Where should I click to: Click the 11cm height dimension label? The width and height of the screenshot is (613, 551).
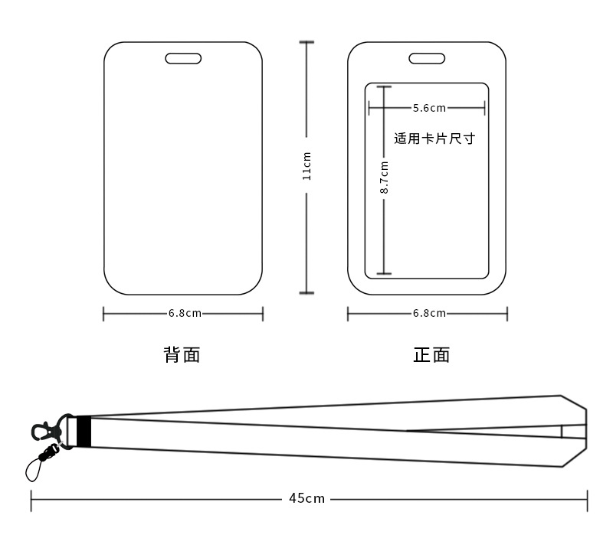click(306, 167)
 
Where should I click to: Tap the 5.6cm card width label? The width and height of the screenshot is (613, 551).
click(429, 108)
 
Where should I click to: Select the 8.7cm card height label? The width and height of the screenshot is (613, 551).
click(385, 177)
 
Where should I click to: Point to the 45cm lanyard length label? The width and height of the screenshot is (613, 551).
click(307, 499)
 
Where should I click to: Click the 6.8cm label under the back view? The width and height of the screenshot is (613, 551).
click(185, 313)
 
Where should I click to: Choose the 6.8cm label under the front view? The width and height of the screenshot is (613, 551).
click(429, 313)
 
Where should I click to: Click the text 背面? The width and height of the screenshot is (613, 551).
click(182, 355)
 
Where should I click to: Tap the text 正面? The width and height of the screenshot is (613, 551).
click(431, 355)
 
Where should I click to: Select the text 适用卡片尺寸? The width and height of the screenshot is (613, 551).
click(434, 139)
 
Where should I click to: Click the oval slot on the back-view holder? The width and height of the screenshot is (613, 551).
click(183, 58)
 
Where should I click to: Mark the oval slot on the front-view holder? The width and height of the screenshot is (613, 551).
click(427, 58)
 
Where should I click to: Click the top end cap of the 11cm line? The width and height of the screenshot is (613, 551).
click(306, 42)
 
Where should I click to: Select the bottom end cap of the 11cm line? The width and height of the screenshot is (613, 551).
click(306, 292)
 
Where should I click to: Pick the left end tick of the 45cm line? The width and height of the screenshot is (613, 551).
click(31, 499)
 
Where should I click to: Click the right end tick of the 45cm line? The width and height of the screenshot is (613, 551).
click(587, 499)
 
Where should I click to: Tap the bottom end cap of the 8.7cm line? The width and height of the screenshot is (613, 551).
click(384, 273)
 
